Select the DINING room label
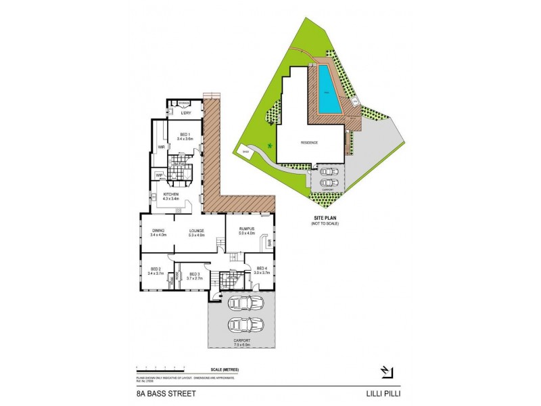[158, 231]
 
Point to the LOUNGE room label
[196, 231]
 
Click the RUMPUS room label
[245, 229]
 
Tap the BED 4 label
[262, 268]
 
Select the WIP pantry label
[159, 176]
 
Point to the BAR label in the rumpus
[268, 242]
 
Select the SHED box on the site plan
[245, 152]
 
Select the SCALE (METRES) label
[225, 369]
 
